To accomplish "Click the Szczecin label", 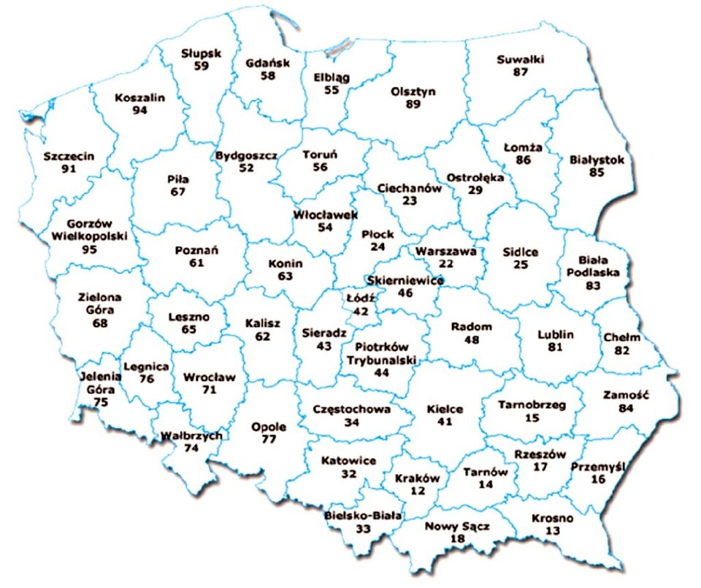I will click(69, 157).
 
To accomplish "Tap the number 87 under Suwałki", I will click(520, 72).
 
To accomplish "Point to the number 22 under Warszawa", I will click(445, 263).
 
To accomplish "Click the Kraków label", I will click(417, 478).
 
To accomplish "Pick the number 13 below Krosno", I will click(553, 530).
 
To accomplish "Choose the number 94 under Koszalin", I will click(140, 110).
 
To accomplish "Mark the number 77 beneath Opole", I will click(269, 440).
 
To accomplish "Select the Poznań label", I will click(197, 250).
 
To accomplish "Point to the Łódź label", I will click(361, 298).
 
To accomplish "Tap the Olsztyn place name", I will click(413, 91).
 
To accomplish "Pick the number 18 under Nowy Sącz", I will click(458, 538).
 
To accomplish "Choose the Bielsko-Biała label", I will click(363, 514).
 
